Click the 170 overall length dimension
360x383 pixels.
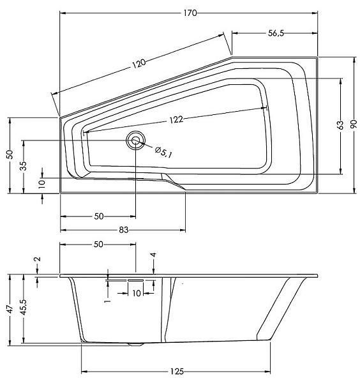[x=190, y=13]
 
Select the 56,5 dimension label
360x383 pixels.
[x=276, y=33]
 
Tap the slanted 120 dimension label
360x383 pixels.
[x=139, y=63]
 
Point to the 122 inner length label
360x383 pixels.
[x=176, y=119]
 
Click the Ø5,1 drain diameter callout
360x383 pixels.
[x=163, y=152]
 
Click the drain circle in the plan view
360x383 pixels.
[x=135, y=140]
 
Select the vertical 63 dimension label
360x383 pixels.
[x=340, y=125]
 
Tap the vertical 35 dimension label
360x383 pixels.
[x=24, y=166]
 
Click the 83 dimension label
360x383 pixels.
[x=124, y=230]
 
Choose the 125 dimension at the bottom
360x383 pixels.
[x=177, y=372]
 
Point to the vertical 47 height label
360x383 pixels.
[x=10, y=310]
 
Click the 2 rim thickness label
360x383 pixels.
[x=38, y=259]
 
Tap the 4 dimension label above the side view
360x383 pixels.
[x=153, y=255]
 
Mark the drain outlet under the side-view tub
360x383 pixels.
[x=135, y=345]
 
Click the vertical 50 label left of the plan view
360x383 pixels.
[x=10, y=154]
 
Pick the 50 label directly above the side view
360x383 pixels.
[x=98, y=244]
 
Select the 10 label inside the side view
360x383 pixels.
[x=137, y=293]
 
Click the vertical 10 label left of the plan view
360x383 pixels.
[x=41, y=183]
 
